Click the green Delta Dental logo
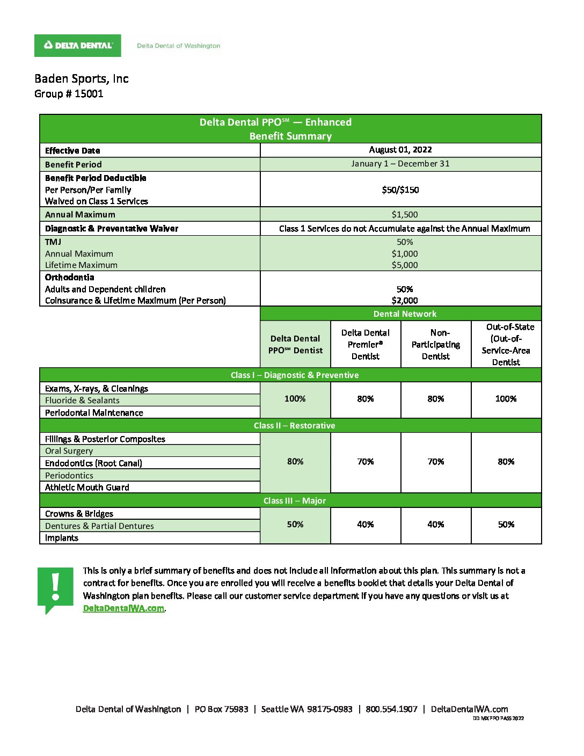tap(78, 46)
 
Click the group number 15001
tap(89, 94)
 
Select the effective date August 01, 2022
tap(400, 150)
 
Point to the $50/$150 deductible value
tap(400, 190)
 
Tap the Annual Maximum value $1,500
tap(405, 214)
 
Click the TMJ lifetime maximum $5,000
tap(405, 265)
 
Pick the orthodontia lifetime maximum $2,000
tap(405, 301)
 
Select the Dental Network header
tap(405, 314)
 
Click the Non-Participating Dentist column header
tap(436, 344)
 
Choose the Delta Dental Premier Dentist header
tap(366, 344)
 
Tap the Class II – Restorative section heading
tap(294, 425)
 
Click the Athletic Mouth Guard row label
tap(87, 488)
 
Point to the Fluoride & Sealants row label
tap(82, 401)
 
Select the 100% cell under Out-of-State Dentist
tap(506, 398)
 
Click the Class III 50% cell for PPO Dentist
tap(295, 524)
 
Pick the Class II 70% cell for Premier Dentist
tap(366, 461)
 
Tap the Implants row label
tap(62, 538)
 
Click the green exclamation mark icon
tap(55, 589)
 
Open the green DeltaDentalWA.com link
tap(123, 608)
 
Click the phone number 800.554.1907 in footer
tap(391, 709)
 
